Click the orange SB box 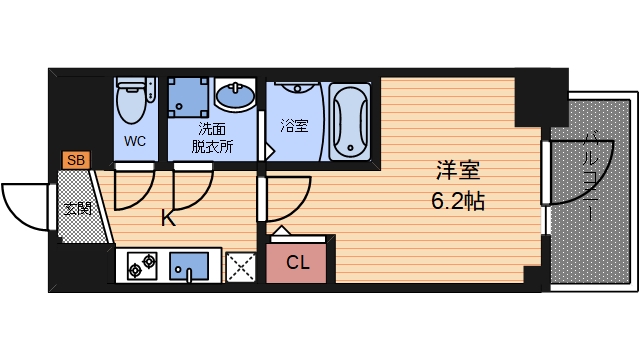pyautogui.click(x=76, y=159)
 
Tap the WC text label pyautogui.click(x=135, y=141)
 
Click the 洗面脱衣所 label pyautogui.click(x=211, y=137)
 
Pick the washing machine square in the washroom pyautogui.click(x=190, y=96)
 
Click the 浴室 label pyautogui.click(x=294, y=126)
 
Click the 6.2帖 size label pyautogui.click(x=457, y=200)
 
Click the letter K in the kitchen pyautogui.click(x=168, y=217)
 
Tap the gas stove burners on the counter pyautogui.click(x=141, y=265)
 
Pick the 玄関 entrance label pyautogui.click(x=77, y=209)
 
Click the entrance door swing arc pyautogui.click(x=25, y=205)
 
